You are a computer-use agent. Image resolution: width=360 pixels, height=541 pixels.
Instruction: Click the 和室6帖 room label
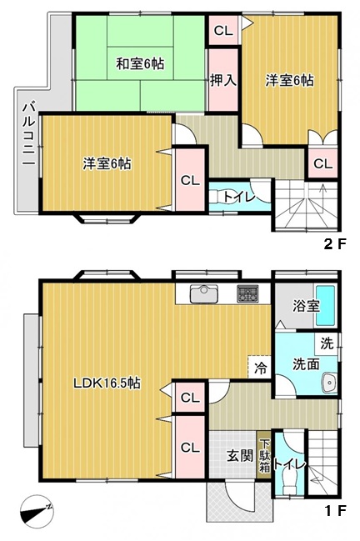pyautogui.click(x=138, y=63)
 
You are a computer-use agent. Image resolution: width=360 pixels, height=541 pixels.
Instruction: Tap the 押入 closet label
pyautogui.click(x=222, y=81)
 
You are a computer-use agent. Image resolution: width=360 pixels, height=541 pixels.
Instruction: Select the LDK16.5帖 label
pyautogui.click(x=106, y=383)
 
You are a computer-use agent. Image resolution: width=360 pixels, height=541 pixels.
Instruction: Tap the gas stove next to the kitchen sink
pyautogui.click(x=247, y=293)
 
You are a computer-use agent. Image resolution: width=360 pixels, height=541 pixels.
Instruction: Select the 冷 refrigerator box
pyautogui.click(x=259, y=367)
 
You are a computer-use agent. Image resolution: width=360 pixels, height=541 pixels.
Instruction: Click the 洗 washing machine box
pyautogui.click(x=327, y=343)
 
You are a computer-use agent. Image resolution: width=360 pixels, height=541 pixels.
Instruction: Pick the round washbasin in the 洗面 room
pyautogui.click(x=328, y=382)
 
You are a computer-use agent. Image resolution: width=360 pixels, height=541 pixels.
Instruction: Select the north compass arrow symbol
pyautogui.click(x=38, y=509)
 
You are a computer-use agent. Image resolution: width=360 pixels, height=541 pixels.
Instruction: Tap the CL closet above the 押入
pyautogui.click(x=222, y=32)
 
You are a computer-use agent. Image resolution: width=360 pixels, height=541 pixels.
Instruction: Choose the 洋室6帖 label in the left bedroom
pyautogui.click(x=106, y=163)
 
